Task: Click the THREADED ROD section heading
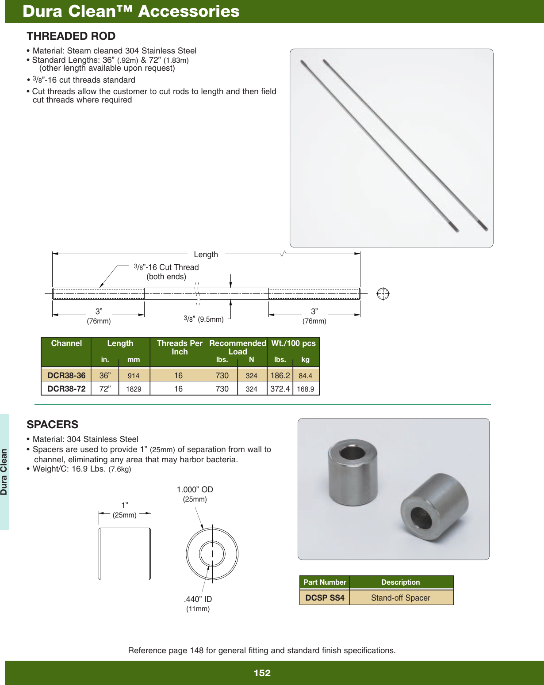click(71, 36)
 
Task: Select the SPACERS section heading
click(52, 425)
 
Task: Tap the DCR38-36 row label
click(66, 376)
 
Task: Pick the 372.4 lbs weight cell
click(280, 389)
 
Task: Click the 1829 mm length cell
click(134, 389)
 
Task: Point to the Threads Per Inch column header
click(180, 347)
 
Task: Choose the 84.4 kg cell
click(305, 376)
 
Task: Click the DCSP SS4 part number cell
click(325, 598)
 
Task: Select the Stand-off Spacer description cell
click(401, 598)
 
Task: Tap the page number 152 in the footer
click(262, 673)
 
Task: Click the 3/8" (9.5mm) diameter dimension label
click(204, 319)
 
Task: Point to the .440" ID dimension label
click(198, 600)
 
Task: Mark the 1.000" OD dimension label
click(195, 490)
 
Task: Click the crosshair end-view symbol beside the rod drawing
click(383, 293)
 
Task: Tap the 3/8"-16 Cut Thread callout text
click(167, 267)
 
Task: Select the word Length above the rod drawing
click(206, 255)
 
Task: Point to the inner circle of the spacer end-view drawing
click(212, 553)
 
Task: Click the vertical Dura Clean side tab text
click(4, 472)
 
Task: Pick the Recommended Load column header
click(238, 347)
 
